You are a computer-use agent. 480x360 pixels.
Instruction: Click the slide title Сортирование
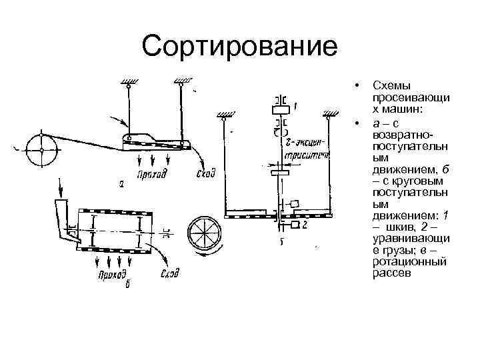(240, 47)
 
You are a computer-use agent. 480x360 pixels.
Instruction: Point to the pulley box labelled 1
(281, 107)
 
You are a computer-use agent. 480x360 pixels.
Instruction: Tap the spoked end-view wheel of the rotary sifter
(205, 233)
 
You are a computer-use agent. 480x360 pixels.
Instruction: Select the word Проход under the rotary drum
(111, 275)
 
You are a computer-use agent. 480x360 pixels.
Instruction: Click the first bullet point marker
(359, 87)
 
